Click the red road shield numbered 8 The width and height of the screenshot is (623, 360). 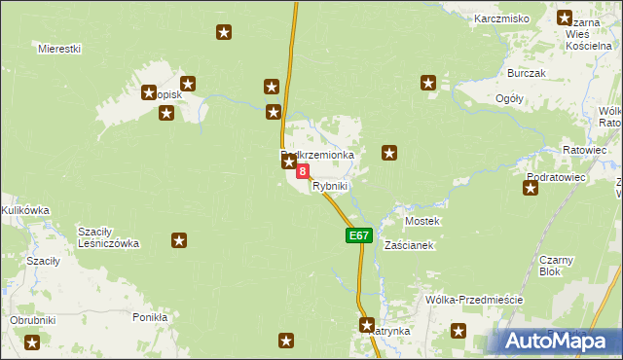303,171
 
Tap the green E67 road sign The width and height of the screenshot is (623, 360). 357,235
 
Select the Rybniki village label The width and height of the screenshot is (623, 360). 330,186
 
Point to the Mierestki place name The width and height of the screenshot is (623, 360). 59,49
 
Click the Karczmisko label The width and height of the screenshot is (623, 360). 501,18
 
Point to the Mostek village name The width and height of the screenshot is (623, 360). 422,221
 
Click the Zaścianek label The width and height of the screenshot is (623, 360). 409,245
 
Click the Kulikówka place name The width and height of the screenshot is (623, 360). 24,209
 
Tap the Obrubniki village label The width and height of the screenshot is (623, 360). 33,320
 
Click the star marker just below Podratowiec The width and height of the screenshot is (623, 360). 531,188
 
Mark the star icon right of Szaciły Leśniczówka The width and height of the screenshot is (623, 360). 179,239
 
